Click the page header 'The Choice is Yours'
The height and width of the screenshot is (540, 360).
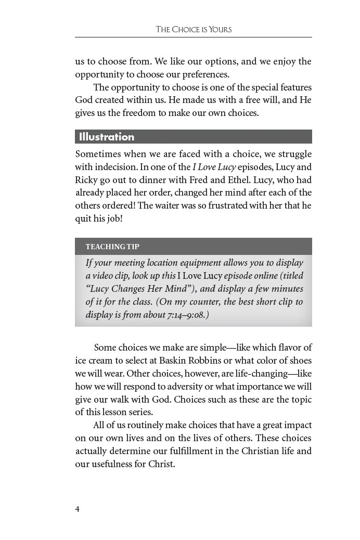(194, 30)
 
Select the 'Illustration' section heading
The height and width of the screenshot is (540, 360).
(107, 137)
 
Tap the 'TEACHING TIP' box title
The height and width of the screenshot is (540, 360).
(112, 247)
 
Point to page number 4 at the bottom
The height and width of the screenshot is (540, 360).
(78, 509)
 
